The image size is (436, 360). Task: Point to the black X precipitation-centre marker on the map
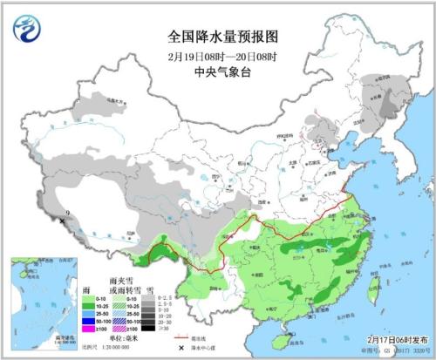62,221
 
